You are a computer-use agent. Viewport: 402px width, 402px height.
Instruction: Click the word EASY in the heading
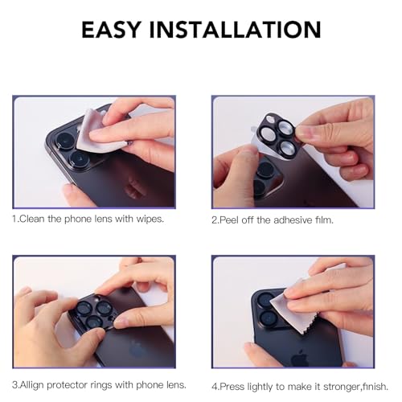[111, 29]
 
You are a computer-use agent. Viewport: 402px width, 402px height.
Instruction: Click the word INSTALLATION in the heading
[235, 29]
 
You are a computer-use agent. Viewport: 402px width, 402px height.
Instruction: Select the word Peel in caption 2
[228, 220]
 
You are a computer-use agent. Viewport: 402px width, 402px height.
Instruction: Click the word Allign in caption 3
[32, 385]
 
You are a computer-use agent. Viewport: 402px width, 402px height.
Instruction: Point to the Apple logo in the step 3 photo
[137, 349]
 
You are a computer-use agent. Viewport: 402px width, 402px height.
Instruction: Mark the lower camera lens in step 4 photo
[268, 319]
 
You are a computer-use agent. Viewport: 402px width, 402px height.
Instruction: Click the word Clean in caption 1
[32, 219]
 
